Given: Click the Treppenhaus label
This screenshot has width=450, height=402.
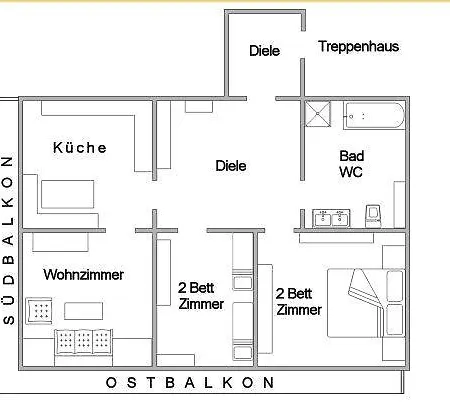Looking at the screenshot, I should (x=358, y=46).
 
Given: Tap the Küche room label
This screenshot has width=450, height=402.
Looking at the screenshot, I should (x=80, y=148).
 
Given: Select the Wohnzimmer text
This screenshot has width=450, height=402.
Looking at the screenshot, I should (x=83, y=274).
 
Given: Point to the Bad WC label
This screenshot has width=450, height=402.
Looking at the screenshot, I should (x=351, y=164).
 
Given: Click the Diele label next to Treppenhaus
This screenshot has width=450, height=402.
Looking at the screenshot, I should (x=264, y=50).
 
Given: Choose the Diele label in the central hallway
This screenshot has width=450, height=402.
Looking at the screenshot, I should (x=231, y=166).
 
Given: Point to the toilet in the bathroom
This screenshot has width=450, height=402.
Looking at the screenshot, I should (x=374, y=215).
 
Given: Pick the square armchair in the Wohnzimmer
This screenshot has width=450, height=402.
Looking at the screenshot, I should (x=40, y=312).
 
